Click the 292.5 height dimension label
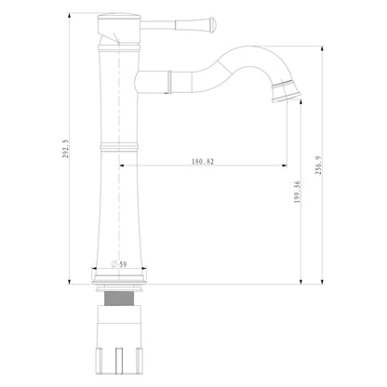click(x=66, y=149)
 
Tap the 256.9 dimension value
click(x=319, y=166)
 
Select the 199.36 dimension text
click(x=297, y=192)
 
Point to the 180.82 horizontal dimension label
click(x=203, y=162)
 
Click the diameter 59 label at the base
click(x=119, y=264)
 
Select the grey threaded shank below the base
click(x=119, y=299)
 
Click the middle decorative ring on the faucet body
click(x=119, y=146)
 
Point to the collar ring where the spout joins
click(x=170, y=82)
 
